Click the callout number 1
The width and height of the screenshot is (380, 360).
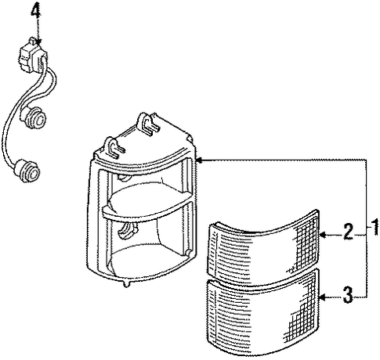point(375,228)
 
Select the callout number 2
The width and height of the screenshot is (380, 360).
point(348,232)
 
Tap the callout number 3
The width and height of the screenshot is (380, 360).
point(348,294)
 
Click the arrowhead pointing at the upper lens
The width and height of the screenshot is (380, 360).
point(324,235)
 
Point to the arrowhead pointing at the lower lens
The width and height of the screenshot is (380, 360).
point(324,297)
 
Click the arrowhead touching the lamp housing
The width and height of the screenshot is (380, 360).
point(199,160)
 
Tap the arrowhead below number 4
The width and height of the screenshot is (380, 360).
point(38,41)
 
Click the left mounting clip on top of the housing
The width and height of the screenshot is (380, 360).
point(114,147)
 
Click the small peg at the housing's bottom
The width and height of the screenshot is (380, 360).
point(126,284)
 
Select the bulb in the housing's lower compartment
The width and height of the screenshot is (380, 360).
point(127,230)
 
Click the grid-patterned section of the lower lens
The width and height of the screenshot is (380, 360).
point(303,311)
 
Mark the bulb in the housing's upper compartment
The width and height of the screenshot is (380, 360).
point(125,177)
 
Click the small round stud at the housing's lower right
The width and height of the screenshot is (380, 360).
point(188,252)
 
